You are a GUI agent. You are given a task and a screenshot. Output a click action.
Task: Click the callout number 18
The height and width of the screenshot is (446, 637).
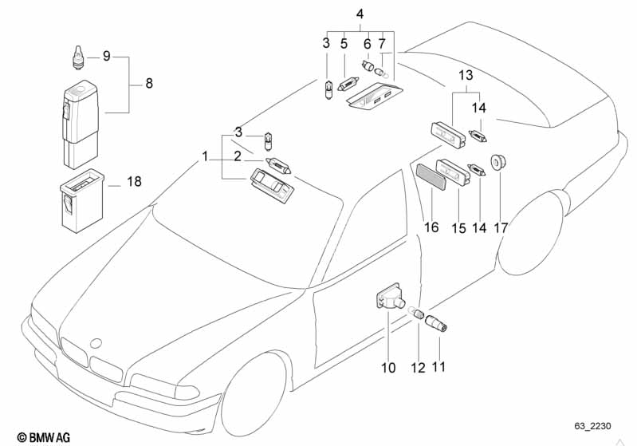click(133, 182)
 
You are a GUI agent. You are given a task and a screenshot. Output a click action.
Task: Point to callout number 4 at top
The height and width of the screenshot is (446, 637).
click(360, 14)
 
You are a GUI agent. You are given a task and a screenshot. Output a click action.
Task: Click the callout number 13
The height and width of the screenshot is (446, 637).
click(465, 76)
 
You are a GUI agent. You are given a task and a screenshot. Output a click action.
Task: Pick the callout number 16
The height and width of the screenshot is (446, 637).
click(431, 227)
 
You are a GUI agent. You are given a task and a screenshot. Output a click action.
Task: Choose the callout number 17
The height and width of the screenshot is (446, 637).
click(501, 227)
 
